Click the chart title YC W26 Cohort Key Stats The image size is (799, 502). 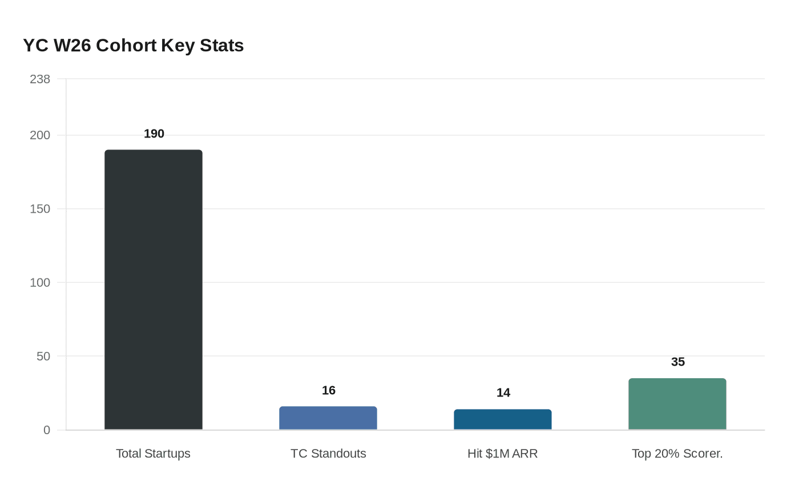pos(133,45)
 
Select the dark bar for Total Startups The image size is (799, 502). pos(154,290)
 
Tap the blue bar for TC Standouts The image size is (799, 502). pos(328,418)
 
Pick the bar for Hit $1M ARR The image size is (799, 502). pos(503,419)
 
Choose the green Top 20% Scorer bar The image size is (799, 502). pos(677,404)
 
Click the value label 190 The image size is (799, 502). pos(154,133)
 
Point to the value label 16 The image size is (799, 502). pos(329,390)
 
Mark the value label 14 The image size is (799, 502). pos(503,392)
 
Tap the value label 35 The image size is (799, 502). pos(678,362)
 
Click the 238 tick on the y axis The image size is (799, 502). pos(40,79)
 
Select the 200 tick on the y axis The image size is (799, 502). pos(40,135)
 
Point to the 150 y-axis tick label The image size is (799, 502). pos(40,209)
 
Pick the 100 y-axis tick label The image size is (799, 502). pos(40,282)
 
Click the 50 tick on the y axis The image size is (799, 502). pos(43,356)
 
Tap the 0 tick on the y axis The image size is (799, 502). pos(47,430)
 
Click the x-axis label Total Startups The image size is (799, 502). pos(153,454)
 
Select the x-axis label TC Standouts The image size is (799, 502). pos(328,454)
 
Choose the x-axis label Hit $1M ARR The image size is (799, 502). pos(502,454)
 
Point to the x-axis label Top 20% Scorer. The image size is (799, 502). pos(677,454)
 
